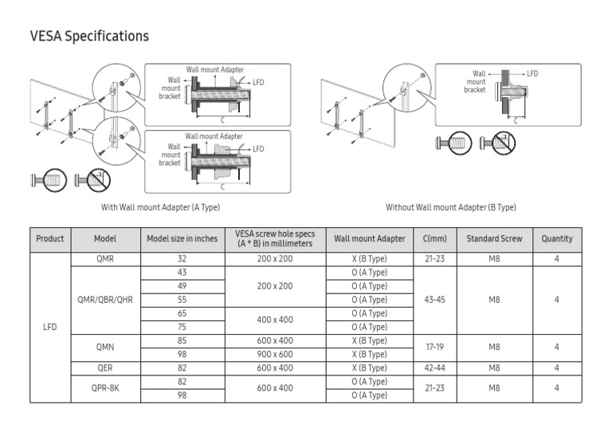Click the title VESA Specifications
click(x=89, y=37)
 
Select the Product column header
click(x=50, y=239)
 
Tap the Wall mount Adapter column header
click(x=369, y=239)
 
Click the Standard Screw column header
click(x=494, y=239)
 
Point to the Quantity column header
click(x=557, y=239)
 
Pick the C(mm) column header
click(x=435, y=239)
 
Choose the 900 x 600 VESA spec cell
click(x=275, y=354)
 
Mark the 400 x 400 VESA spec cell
click(x=275, y=320)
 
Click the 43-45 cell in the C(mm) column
click(x=435, y=300)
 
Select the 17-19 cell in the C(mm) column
click(x=435, y=348)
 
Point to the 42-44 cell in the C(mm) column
click(x=435, y=368)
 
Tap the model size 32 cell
click(x=182, y=259)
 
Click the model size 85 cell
click(x=182, y=340)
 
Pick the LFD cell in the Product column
click(x=50, y=327)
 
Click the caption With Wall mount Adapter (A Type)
click(x=160, y=207)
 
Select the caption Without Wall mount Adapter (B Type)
click(x=451, y=207)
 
